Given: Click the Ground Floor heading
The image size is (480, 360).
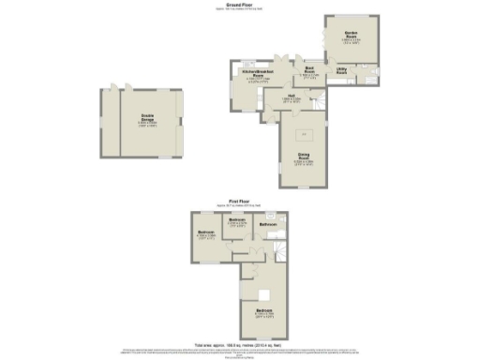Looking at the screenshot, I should [239, 5].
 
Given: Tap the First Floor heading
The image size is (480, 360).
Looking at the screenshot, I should [239, 200].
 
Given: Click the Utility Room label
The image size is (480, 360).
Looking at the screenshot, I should [342, 71].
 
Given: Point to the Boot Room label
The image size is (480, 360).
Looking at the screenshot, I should [308, 67].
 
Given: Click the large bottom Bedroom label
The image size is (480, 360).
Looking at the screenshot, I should [266, 310].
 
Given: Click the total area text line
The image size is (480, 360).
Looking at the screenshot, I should [239, 342].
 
